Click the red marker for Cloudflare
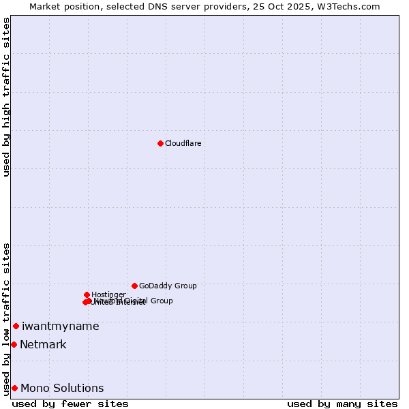pyautogui.click(x=160, y=143)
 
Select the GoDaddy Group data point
pyautogui.click(x=134, y=286)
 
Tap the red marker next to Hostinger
pyautogui.click(x=87, y=294)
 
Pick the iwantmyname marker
pyautogui.click(x=16, y=326)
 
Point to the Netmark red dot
pyautogui.click(x=14, y=344)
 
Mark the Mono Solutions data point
pyautogui.click(x=14, y=388)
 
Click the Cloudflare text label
pyautogui.click(x=183, y=143)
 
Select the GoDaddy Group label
pyautogui.click(x=168, y=286)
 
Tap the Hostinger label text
pyautogui.click(x=108, y=294)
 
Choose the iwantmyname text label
pyautogui.click(x=60, y=326)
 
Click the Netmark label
pyautogui.click(x=43, y=344)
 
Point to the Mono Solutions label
pyautogui.click(x=62, y=388)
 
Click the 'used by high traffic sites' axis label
pyautogui.click(x=6, y=97)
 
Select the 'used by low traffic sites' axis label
pyautogui.click(x=6, y=318)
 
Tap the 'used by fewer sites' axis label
pyautogui.click(x=70, y=404)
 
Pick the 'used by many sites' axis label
pyautogui.click(x=342, y=404)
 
